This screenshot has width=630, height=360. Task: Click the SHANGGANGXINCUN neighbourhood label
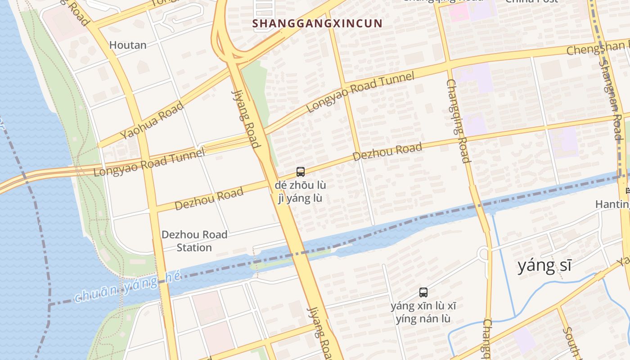(317, 23)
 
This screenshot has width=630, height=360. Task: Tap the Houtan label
(128, 45)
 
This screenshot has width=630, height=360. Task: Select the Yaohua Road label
(152, 120)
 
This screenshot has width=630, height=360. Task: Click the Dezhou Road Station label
(194, 241)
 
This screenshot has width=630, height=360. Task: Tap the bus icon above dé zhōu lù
(301, 171)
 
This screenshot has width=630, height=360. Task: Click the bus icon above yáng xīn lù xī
(423, 292)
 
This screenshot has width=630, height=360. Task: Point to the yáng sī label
(544, 265)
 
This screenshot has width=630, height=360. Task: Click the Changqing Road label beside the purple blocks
(458, 121)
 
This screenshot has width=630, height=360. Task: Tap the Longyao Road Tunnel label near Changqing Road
(360, 92)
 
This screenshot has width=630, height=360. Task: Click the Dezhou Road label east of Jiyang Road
(387, 151)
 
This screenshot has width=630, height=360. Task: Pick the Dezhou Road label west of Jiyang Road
(209, 198)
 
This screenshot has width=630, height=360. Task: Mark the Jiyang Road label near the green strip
(246, 118)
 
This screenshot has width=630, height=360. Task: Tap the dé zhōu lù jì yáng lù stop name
(301, 192)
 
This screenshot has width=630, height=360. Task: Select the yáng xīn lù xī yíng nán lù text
(423, 313)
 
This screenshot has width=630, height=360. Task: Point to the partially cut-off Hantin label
(612, 204)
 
